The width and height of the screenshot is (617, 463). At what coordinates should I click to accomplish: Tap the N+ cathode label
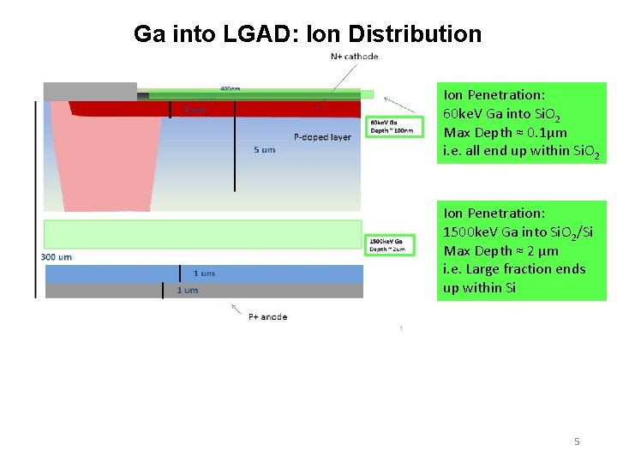354,57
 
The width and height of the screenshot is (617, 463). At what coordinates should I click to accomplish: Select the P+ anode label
268,317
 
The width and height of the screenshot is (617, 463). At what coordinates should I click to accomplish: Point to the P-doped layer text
322,137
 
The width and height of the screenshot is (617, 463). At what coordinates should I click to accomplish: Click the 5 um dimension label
265,150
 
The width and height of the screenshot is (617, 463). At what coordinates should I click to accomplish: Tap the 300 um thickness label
57,257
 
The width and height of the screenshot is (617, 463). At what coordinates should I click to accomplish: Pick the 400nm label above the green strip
231,88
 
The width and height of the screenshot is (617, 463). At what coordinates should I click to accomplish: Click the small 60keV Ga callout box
390,127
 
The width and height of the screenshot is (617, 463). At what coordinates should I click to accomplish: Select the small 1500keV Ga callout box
390,245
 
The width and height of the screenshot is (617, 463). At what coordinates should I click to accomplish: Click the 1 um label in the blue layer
204,274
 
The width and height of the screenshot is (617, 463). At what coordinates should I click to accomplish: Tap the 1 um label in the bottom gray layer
187,290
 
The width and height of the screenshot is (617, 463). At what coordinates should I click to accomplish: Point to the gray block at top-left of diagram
90,91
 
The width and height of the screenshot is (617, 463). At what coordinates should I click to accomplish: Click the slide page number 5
577,442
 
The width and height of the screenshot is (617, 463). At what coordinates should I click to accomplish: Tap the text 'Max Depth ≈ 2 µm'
501,250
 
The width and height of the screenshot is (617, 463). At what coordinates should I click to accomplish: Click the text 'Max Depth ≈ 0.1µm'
506,132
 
